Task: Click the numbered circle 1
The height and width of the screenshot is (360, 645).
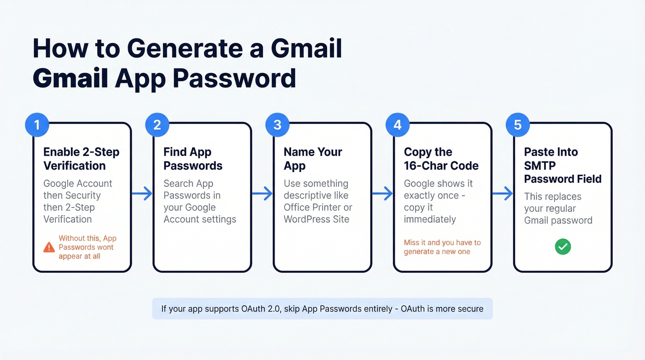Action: tap(36, 125)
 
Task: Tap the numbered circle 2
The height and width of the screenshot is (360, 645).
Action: tap(157, 125)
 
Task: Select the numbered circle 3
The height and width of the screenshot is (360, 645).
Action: tap(277, 125)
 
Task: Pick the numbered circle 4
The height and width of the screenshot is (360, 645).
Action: tap(398, 125)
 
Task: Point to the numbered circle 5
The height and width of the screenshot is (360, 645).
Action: tap(518, 125)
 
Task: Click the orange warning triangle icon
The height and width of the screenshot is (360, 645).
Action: tap(49, 248)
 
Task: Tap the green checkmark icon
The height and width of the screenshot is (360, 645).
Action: tap(563, 247)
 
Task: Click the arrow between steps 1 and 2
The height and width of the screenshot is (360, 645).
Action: tap(142, 194)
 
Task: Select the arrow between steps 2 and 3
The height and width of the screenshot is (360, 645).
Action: tap(263, 194)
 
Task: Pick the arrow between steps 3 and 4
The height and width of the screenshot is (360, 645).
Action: tap(383, 194)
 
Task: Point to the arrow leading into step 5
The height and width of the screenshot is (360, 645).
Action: tap(503, 194)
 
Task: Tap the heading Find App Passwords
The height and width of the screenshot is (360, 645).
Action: tap(193, 159)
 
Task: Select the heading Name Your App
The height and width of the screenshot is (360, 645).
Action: tap(313, 159)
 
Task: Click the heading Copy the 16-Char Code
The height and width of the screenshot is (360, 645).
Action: tap(441, 159)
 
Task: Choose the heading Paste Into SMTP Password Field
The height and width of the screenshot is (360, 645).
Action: tap(563, 165)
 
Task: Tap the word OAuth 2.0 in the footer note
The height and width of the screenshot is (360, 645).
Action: tap(260, 308)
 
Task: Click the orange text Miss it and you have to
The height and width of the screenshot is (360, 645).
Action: tap(442, 242)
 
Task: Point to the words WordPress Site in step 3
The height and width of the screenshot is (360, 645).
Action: tap(316, 219)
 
